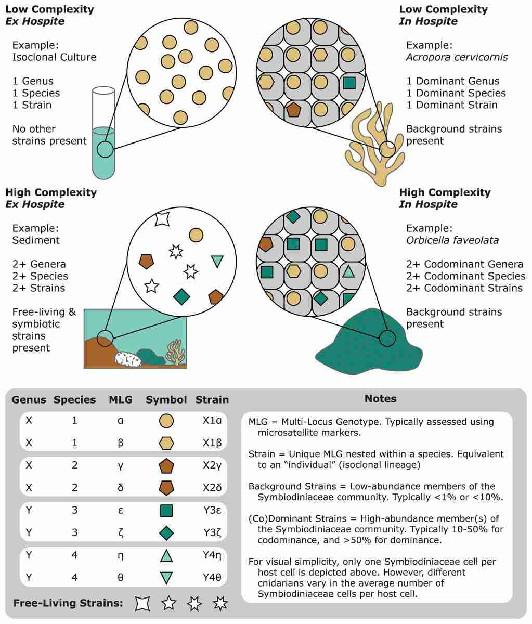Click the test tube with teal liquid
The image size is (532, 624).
click(104, 151)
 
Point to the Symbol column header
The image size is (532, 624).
click(166, 400)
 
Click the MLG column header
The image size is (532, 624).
click(121, 400)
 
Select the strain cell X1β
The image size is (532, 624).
click(212, 443)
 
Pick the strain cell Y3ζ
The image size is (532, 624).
click(212, 533)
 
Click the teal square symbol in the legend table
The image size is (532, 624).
click(166, 511)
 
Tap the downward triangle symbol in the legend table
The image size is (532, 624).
click(166, 578)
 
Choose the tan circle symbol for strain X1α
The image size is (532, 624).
click(166, 421)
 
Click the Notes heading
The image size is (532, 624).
click(380, 399)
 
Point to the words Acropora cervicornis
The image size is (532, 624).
click(457, 57)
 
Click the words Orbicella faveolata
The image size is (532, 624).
click(452, 240)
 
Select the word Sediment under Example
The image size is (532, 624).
click(36, 240)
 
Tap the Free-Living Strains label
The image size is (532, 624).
click(68, 603)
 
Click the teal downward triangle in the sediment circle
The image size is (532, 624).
click(217, 261)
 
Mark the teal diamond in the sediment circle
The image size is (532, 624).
click(181, 296)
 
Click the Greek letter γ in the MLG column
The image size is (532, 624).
click(121, 466)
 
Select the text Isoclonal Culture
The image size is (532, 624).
click(54, 57)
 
